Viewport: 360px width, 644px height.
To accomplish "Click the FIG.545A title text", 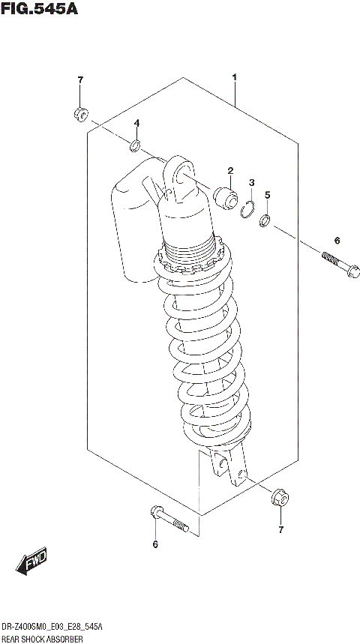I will [x=39, y=10].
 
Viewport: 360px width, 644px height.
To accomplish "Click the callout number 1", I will [x=235, y=78].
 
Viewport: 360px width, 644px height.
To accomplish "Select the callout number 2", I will [x=231, y=170].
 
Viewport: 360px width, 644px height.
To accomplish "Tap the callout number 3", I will [x=252, y=183].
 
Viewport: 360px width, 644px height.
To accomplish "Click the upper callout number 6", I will [x=337, y=241].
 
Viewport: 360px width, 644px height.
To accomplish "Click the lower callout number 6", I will [x=155, y=544].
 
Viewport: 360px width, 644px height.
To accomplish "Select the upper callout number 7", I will [x=80, y=80].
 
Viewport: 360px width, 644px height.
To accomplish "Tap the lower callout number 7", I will [x=280, y=531].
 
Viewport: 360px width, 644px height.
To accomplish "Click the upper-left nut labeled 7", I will [x=81, y=114].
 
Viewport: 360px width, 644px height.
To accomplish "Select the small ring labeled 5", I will [x=265, y=221].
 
